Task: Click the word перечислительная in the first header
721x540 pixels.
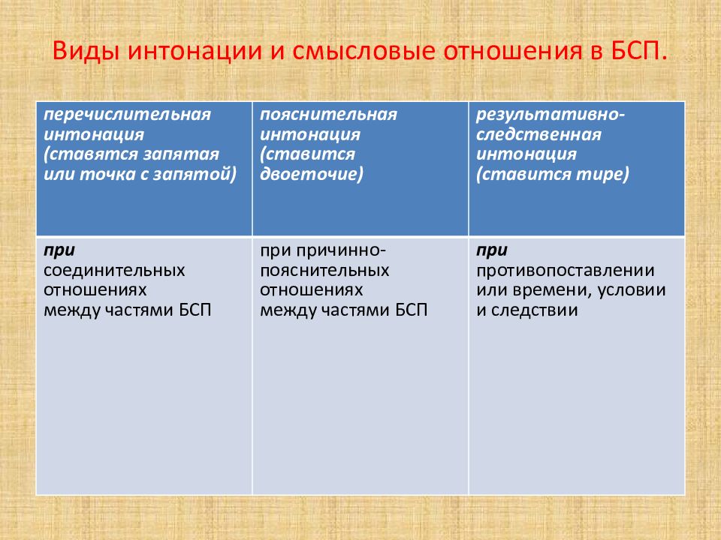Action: pyautogui.click(x=126, y=115)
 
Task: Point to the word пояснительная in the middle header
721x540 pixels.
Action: pyautogui.click(x=328, y=115)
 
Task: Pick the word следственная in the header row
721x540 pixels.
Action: pyautogui.click(x=538, y=135)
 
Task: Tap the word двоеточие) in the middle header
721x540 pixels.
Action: pyautogui.click(x=312, y=174)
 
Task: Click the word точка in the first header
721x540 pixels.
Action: pyautogui.click(x=100, y=174)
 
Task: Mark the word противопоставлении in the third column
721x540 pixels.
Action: pyautogui.click(x=566, y=269)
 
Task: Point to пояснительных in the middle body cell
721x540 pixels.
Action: pyautogui.click(x=324, y=269)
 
